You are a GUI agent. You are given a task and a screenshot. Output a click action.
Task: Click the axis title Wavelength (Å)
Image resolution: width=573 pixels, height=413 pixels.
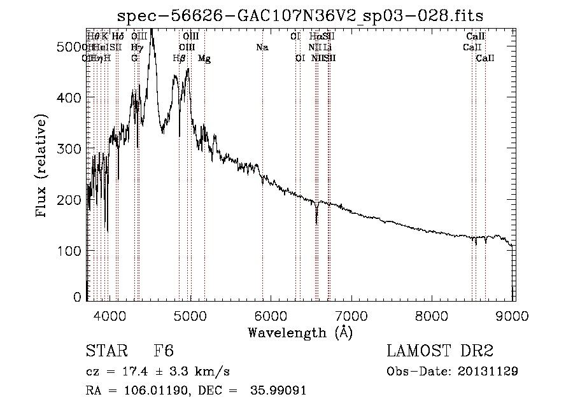tap(300, 332)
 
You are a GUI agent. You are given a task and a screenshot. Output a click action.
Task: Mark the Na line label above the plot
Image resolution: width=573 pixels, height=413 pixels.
tap(262, 47)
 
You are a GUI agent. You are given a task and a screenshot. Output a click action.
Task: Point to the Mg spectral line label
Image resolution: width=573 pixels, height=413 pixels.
tap(204, 59)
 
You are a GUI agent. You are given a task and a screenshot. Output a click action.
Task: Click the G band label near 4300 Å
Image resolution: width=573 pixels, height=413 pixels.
tap(134, 58)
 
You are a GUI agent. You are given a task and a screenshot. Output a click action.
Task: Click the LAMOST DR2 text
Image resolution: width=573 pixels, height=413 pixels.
tap(439, 352)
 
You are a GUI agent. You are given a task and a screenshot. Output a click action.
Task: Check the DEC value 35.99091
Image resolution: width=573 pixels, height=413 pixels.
tap(278, 391)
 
